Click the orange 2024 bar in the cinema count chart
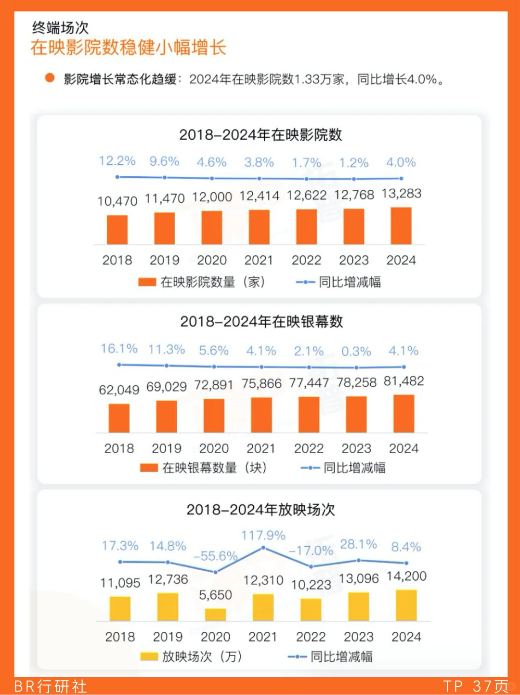click(x=401, y=226)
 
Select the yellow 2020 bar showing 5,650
click(x=215, y=615)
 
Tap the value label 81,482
click(x=403, y=381)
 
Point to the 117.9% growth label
click(x=263, y=535)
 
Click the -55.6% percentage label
click(x=215, y=556)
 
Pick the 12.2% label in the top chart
click(x=117, y=161)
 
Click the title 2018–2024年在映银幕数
click(x=261, y=321)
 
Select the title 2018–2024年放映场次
click(x=260, y=510)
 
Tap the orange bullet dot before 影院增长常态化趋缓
click(x=50, y=78)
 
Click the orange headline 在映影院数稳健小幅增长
click(x=128, y=48)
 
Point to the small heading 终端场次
click(x=60, y=27)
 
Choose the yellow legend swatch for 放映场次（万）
click(x=149, y=656)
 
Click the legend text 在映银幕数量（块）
click(x=214, y=468)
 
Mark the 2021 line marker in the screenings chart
click(x=263, y=548)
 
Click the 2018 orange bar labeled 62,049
click(x=119, y=418)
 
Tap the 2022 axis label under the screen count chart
click(x=309, y=448)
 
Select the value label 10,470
click(x=117, y=201)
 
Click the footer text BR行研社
click(x=51, y=686)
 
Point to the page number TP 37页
click(x=475, y=686)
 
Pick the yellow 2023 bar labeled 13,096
click(x=359, y=606)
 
